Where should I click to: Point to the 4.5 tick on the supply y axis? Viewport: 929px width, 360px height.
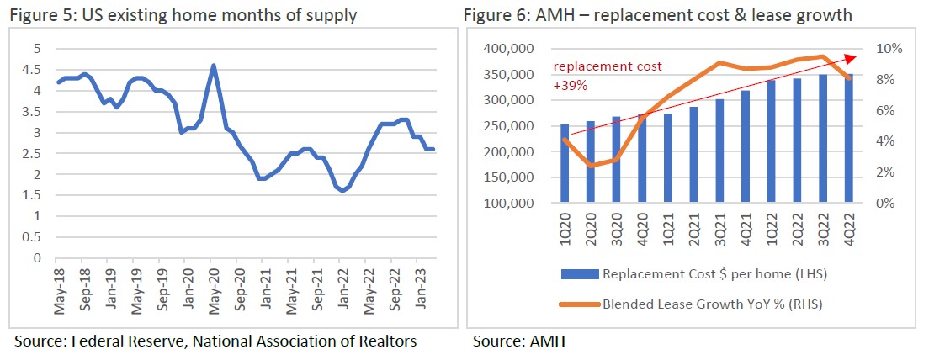(x=36, y=70)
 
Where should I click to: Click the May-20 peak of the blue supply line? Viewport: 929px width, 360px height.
(x=214, y=66)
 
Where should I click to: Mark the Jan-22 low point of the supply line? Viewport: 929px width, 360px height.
(x=342, y=191)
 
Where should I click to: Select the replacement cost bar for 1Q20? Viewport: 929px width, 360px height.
(x=564, y=164)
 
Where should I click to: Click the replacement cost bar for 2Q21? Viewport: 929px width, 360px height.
(x=694, y=155)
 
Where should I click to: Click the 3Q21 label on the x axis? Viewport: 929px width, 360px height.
(x=720, y=231)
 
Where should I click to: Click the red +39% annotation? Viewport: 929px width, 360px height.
(x=570, y=84)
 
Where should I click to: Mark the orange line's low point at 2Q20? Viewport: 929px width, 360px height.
(x=591, y=166)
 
